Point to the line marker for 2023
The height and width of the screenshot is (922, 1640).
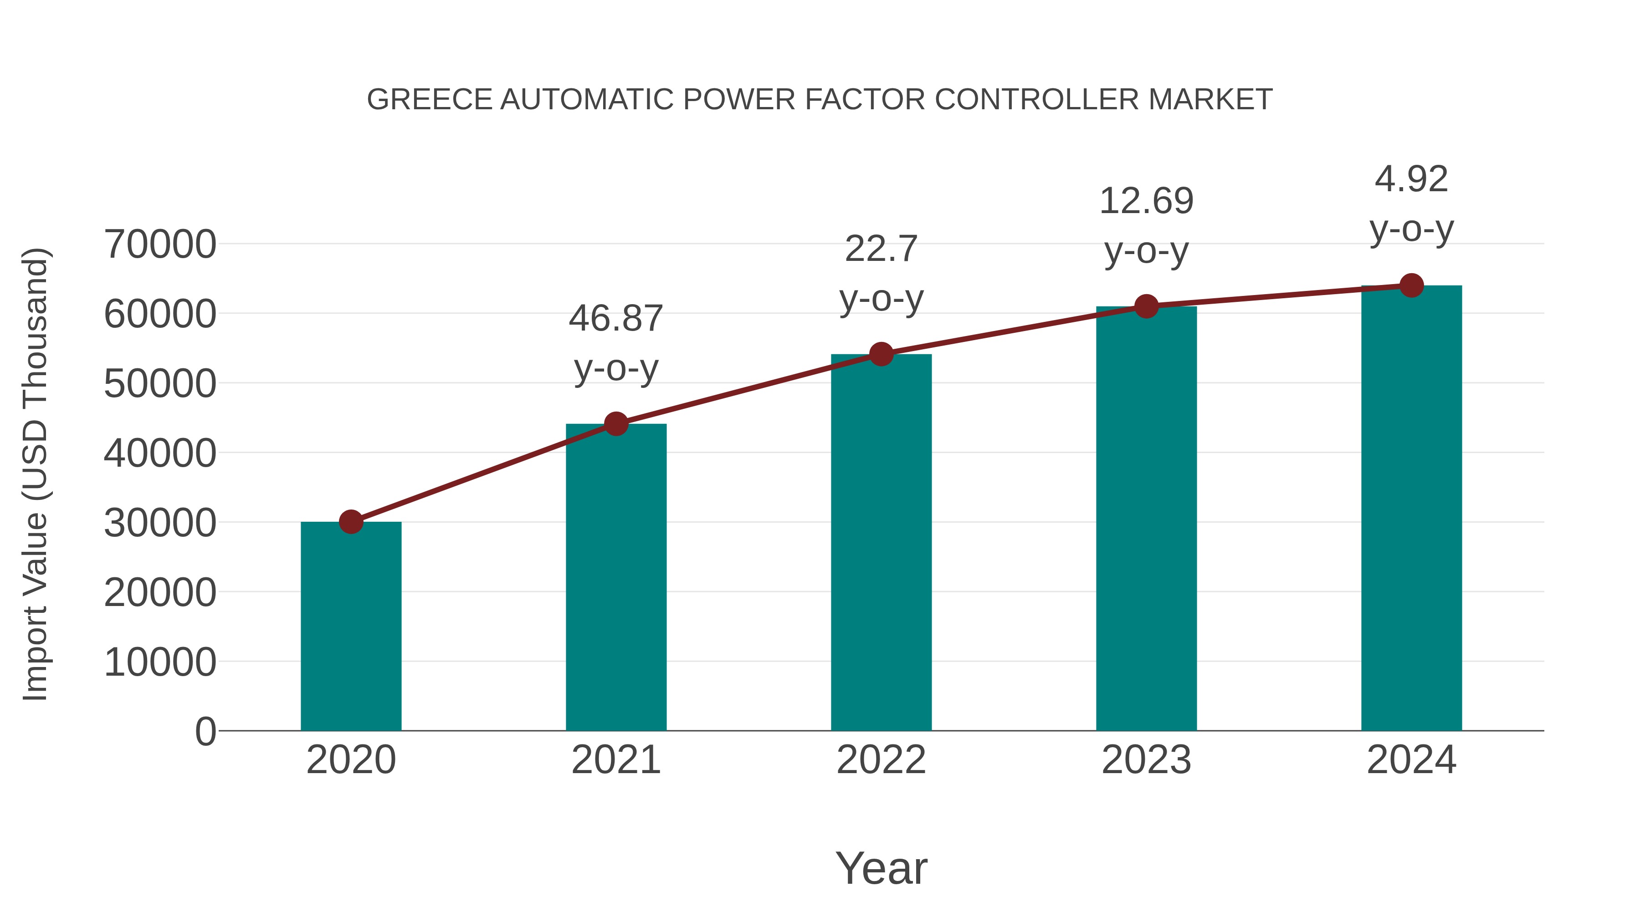(1146, 307)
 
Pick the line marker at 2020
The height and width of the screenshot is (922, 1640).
(351, 522)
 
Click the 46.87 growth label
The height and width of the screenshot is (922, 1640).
(615, 318)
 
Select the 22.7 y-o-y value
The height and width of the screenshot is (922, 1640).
(881, 249)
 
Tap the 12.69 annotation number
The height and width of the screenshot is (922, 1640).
(1146, 201)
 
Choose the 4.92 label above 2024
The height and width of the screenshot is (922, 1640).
(1411, 179)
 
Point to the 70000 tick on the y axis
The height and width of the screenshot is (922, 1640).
(160, 245)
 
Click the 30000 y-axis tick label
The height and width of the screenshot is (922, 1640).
(160, 523)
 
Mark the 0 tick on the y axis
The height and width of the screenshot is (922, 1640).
(205, 732)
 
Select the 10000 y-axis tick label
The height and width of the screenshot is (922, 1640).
(160, 662)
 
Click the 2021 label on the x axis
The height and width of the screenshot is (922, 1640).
(615, 760)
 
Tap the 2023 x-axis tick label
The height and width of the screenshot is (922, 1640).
(1146, 760)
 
